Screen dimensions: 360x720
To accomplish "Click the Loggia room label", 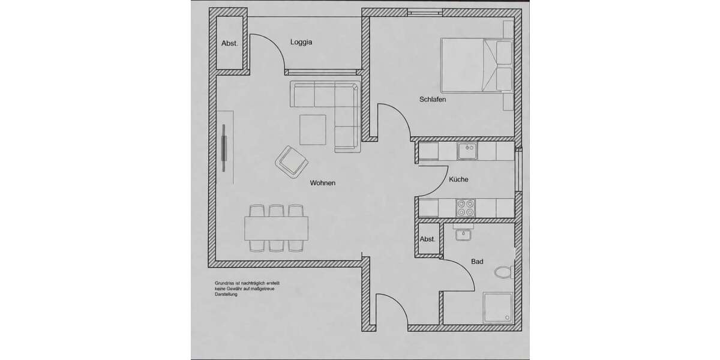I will tap(302, 43).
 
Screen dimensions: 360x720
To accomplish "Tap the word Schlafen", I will tap(433, 100).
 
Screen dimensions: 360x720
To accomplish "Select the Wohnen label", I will tap(322, 183).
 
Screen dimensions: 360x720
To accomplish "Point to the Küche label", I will tap(458, 179).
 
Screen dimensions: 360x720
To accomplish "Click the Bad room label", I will tap(478, 262).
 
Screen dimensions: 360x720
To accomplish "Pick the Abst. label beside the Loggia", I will tap(230, 43).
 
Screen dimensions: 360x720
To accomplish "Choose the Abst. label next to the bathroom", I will tap(427, 239).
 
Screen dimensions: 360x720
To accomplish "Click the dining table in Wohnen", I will tap(277, 228).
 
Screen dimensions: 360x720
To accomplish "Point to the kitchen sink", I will tap(467, 151).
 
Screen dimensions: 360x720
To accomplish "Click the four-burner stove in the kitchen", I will tap(466, 208).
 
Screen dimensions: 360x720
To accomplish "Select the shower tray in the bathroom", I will tap(499, 309).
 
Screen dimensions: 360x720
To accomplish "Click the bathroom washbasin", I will tap(463, 235).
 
